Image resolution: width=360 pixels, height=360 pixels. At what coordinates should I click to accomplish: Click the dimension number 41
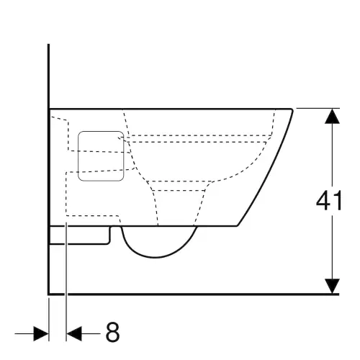(x=329, y=201)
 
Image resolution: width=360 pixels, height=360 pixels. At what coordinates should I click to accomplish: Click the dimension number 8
(x=112, y=332)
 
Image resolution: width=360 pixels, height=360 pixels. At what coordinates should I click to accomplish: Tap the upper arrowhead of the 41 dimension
(x=332, y=117)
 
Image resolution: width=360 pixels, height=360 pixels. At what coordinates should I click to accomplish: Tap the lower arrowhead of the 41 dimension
(x=332, y=286)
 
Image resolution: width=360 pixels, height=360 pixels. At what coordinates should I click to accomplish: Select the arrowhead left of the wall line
(x=41, y=333)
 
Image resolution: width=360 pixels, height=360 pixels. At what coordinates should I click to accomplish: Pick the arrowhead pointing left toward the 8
(x=74, y=333)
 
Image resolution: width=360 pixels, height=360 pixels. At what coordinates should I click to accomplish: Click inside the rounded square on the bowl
(x=101, y=156)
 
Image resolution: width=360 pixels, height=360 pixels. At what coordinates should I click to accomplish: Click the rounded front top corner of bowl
(x=291, y=110)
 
